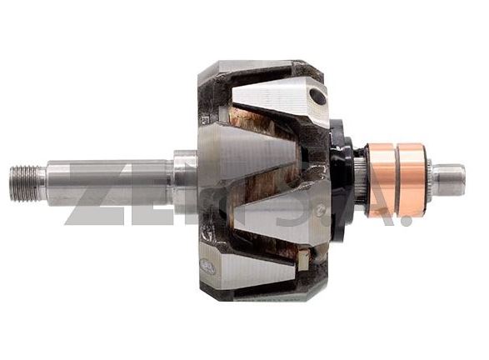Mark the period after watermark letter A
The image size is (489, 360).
tap(406, 222)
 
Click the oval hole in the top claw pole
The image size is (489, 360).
tap(317, 97)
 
